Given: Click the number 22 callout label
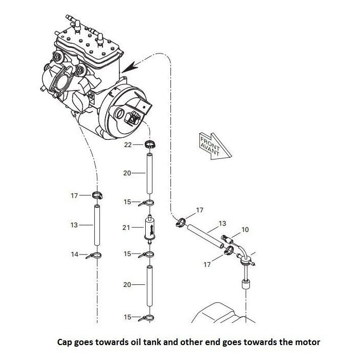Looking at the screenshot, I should pos(129,145).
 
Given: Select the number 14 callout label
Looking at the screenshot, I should pos(74,254).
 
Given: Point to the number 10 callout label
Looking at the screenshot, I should pos(245,229).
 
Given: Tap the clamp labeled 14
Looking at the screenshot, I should pos(95,256).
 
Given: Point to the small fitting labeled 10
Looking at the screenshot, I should pos(228,238).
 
